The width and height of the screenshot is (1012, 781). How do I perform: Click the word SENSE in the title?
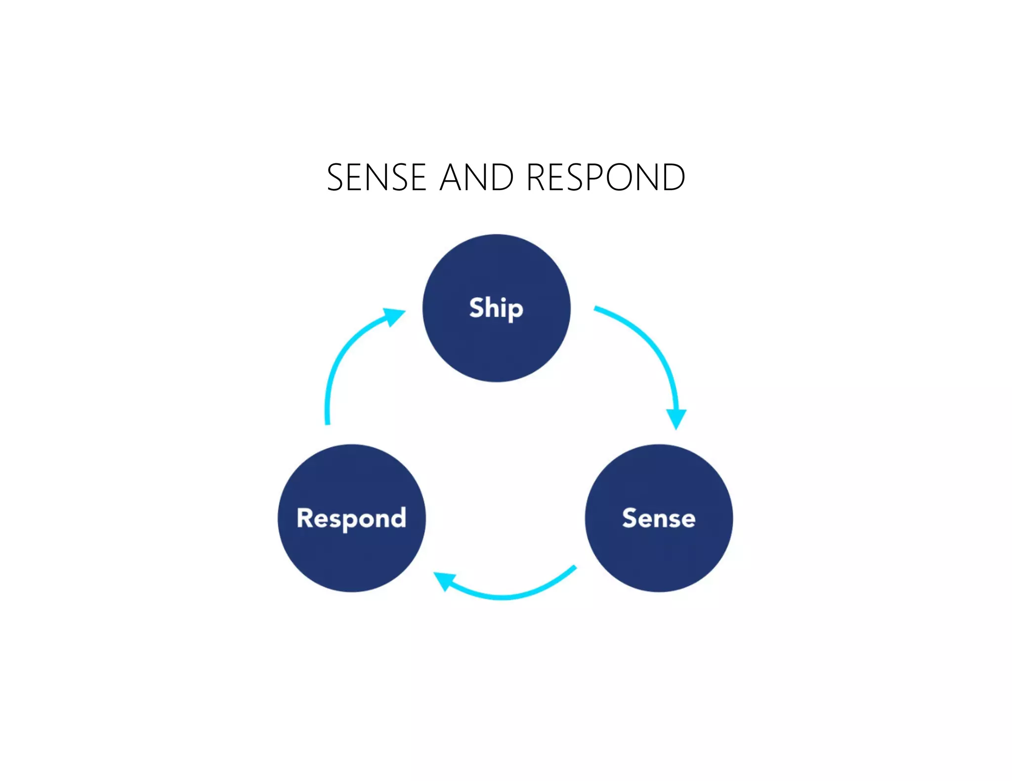[x=377, y=177]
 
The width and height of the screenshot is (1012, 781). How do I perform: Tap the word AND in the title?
[x=477, y=177]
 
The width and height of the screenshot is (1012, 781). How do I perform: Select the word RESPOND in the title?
[x=606, y=177]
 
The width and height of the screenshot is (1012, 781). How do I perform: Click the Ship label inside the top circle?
[x=496, y=308]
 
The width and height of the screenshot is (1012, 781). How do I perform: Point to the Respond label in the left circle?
[x=351, y=518]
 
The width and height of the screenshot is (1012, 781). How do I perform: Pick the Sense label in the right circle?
[x=659, y=518]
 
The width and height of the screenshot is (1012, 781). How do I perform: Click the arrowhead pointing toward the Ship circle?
[x=395, y=316]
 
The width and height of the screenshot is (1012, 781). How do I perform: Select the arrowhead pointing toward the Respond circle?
[x=444, y=581]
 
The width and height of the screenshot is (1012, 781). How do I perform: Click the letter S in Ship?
[x=477, y=308]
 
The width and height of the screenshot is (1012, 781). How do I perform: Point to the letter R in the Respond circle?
[x=306, y=518]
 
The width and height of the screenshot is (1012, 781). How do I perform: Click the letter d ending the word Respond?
[x=398, y=518]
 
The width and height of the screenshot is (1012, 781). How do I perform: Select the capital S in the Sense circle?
[x=631, y=518]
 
